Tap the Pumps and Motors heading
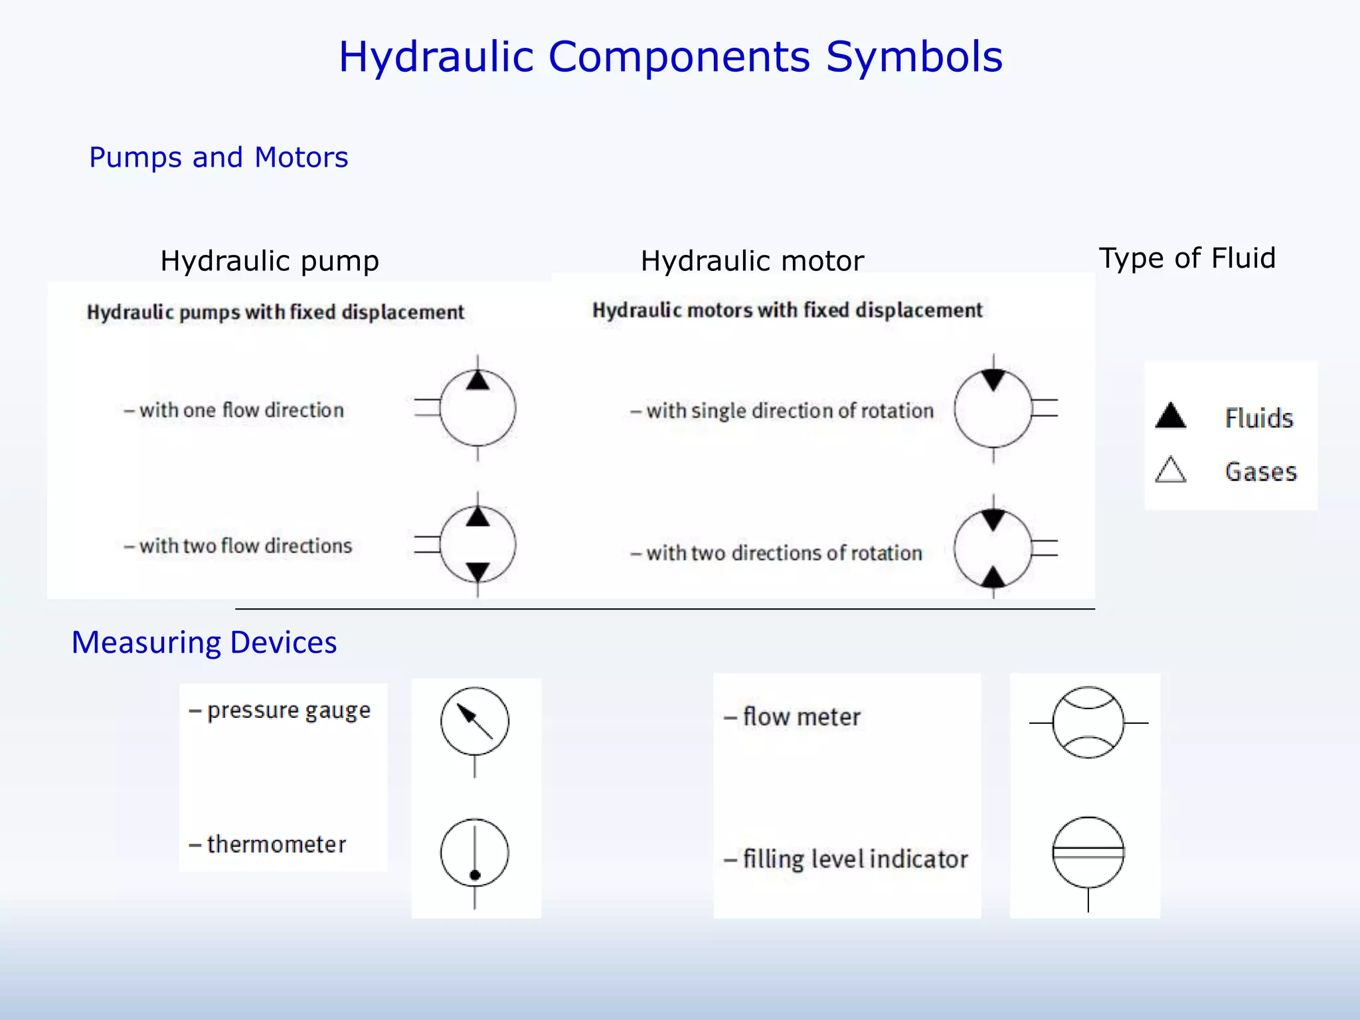(218, 157)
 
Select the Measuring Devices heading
(204, 643)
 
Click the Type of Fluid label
(1187, 258)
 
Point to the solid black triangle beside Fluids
(1171, 416)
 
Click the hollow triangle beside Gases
(1170, 470)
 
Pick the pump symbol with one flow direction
(477, 408)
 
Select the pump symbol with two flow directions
(477, 545)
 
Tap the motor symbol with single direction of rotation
(993, 408)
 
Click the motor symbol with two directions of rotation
(993, 549)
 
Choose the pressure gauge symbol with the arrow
(475, 722)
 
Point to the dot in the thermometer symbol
(475, 875)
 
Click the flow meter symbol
(1088, 722)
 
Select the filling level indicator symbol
(1088, 853)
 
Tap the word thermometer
(276, 845)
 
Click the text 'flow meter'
(802, 717)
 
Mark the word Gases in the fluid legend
(1260, 471)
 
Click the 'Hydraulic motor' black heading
(752, 261)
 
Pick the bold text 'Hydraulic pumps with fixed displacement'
(276, 312)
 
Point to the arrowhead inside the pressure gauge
(467, 714)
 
